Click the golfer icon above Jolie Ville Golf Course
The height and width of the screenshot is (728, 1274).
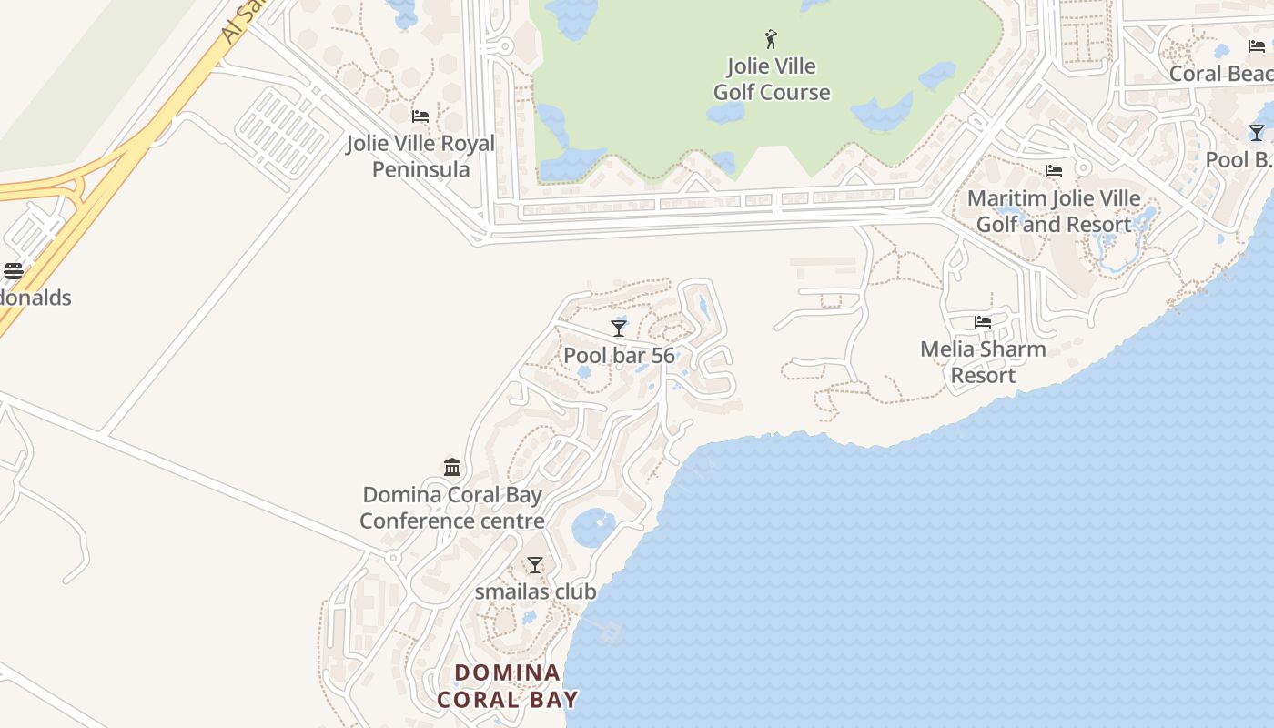(771, 39)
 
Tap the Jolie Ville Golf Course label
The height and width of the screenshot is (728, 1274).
(772, 79)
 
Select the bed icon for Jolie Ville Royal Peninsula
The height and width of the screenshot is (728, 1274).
(420, 116)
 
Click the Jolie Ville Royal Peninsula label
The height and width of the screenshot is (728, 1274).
(420, 157)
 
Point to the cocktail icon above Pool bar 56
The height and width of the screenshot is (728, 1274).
(619, 328)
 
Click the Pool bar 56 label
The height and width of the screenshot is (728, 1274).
(619, 355)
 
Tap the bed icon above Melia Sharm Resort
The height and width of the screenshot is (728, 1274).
(983, 322)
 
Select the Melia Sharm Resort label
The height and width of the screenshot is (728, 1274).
(983, 362)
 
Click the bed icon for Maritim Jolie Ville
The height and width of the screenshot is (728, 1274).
(1054, 171)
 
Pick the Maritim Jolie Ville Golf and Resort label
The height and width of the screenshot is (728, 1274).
(1054, 211)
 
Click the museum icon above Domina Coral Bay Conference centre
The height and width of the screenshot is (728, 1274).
(452, 468)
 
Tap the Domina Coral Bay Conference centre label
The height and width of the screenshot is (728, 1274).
(452, 508)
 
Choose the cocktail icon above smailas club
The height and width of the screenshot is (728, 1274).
(535, 565)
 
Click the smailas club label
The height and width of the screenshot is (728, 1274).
(536, 591)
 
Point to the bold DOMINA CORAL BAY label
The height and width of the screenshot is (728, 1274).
(508, 686)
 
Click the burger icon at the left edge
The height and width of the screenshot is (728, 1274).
(13, 271)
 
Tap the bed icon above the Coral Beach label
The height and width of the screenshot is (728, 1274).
(1257, 46)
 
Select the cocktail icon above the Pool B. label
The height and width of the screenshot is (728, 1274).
(1257, 133)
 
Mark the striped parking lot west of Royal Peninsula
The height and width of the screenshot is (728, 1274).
(282, 134)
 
